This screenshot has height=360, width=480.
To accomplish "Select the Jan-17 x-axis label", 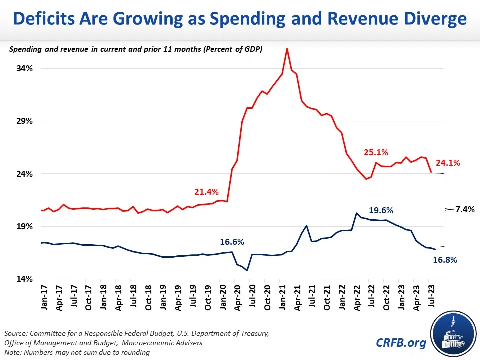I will tap(44, 298).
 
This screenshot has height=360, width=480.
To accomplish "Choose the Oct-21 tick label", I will tap(326, 299).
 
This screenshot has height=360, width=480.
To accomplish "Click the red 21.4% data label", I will tap(206, 192).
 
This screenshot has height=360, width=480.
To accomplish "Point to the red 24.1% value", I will tap(448, 163).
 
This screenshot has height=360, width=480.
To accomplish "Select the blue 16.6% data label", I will tap(232, 242).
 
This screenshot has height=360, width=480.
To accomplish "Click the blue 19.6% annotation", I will tap(381, 210).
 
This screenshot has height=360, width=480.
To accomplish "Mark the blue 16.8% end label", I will tap(445, 260).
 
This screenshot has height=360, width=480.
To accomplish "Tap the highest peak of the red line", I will tap(287, 48).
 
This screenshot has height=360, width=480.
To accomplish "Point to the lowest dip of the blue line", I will tap(247, 270).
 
